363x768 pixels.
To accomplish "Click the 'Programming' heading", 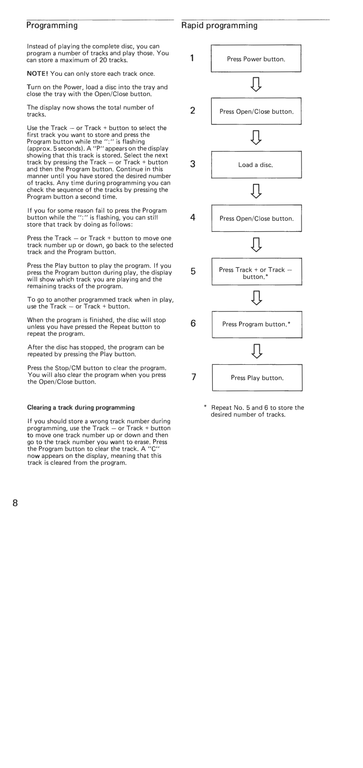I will click(x=52, y=24).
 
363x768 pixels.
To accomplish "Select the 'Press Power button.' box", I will click(x=256, y=59).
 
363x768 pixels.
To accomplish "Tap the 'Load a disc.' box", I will click(x=256, y=165).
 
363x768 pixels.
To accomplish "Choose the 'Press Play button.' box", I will click(x=257, y=378).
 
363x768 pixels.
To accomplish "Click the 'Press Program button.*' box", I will click(x=257, y=324).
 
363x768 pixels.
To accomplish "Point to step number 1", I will click(x=192, y=59).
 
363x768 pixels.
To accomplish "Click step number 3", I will click(x=192, y=164).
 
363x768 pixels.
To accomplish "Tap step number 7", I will click(x=193, y=377).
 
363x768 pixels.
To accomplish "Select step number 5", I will click(x=193, y=271).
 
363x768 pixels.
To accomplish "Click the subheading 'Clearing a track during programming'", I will click(x=80, y=408).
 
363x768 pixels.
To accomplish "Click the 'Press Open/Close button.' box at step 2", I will click(x=256, y=111).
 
